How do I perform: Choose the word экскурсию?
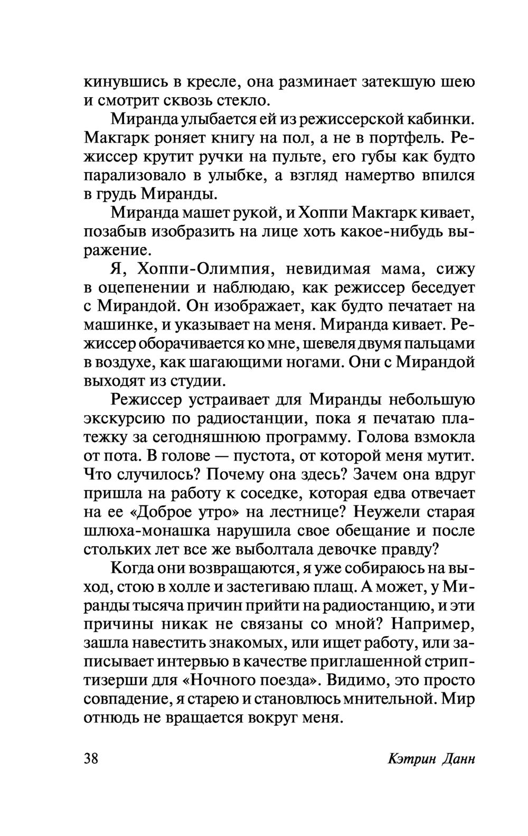(123, 419)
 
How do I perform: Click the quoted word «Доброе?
(163, 512)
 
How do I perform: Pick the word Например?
(434, 623)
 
